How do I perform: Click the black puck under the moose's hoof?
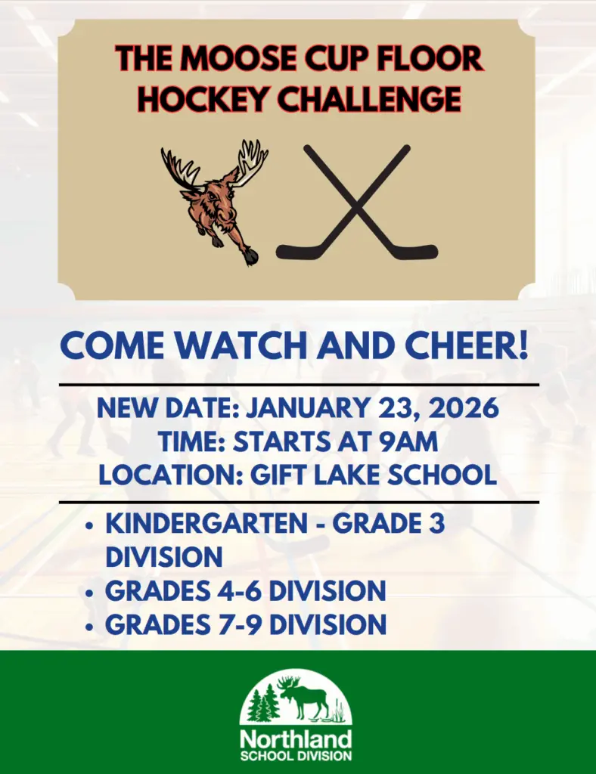pos(251,259)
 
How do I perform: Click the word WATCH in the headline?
pos(251,345)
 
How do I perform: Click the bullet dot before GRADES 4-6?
pos(91,591)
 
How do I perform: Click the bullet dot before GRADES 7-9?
pos(91,626)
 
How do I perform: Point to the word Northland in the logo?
pos(296,738)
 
